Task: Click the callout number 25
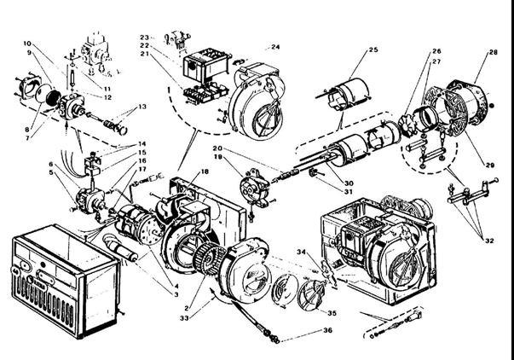point(373,51)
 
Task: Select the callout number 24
point(275,46)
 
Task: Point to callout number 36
point(327,331)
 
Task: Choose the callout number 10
point(26,43)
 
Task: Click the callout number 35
point(331,313)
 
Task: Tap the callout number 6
point(50,164)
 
